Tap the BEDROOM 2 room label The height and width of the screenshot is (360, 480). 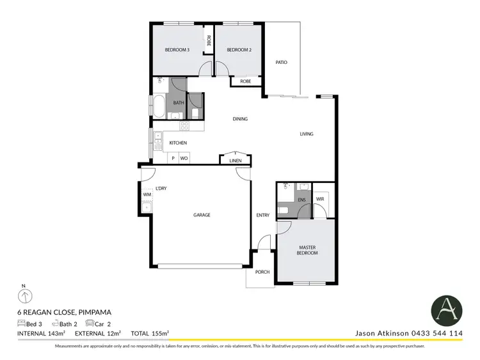coord(240,50)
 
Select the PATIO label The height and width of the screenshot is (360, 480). coord(281,63)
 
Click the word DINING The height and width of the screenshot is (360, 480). coord(240,119)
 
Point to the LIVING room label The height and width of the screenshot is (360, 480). coord(307,134)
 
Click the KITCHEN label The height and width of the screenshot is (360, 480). coord(178,143)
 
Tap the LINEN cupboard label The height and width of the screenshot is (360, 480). coord(236,160)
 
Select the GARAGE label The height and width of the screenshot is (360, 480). coord(202,215)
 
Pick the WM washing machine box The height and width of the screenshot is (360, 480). coord(147,194)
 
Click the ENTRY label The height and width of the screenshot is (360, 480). coord(263,215)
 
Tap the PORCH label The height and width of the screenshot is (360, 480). coord(262,272)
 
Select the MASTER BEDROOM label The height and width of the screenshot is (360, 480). coord(307,250)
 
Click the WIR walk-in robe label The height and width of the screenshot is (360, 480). coord(320,200)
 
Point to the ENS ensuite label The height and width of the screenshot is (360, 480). coord(302,200)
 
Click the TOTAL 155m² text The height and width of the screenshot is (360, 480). coord(149,333)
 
